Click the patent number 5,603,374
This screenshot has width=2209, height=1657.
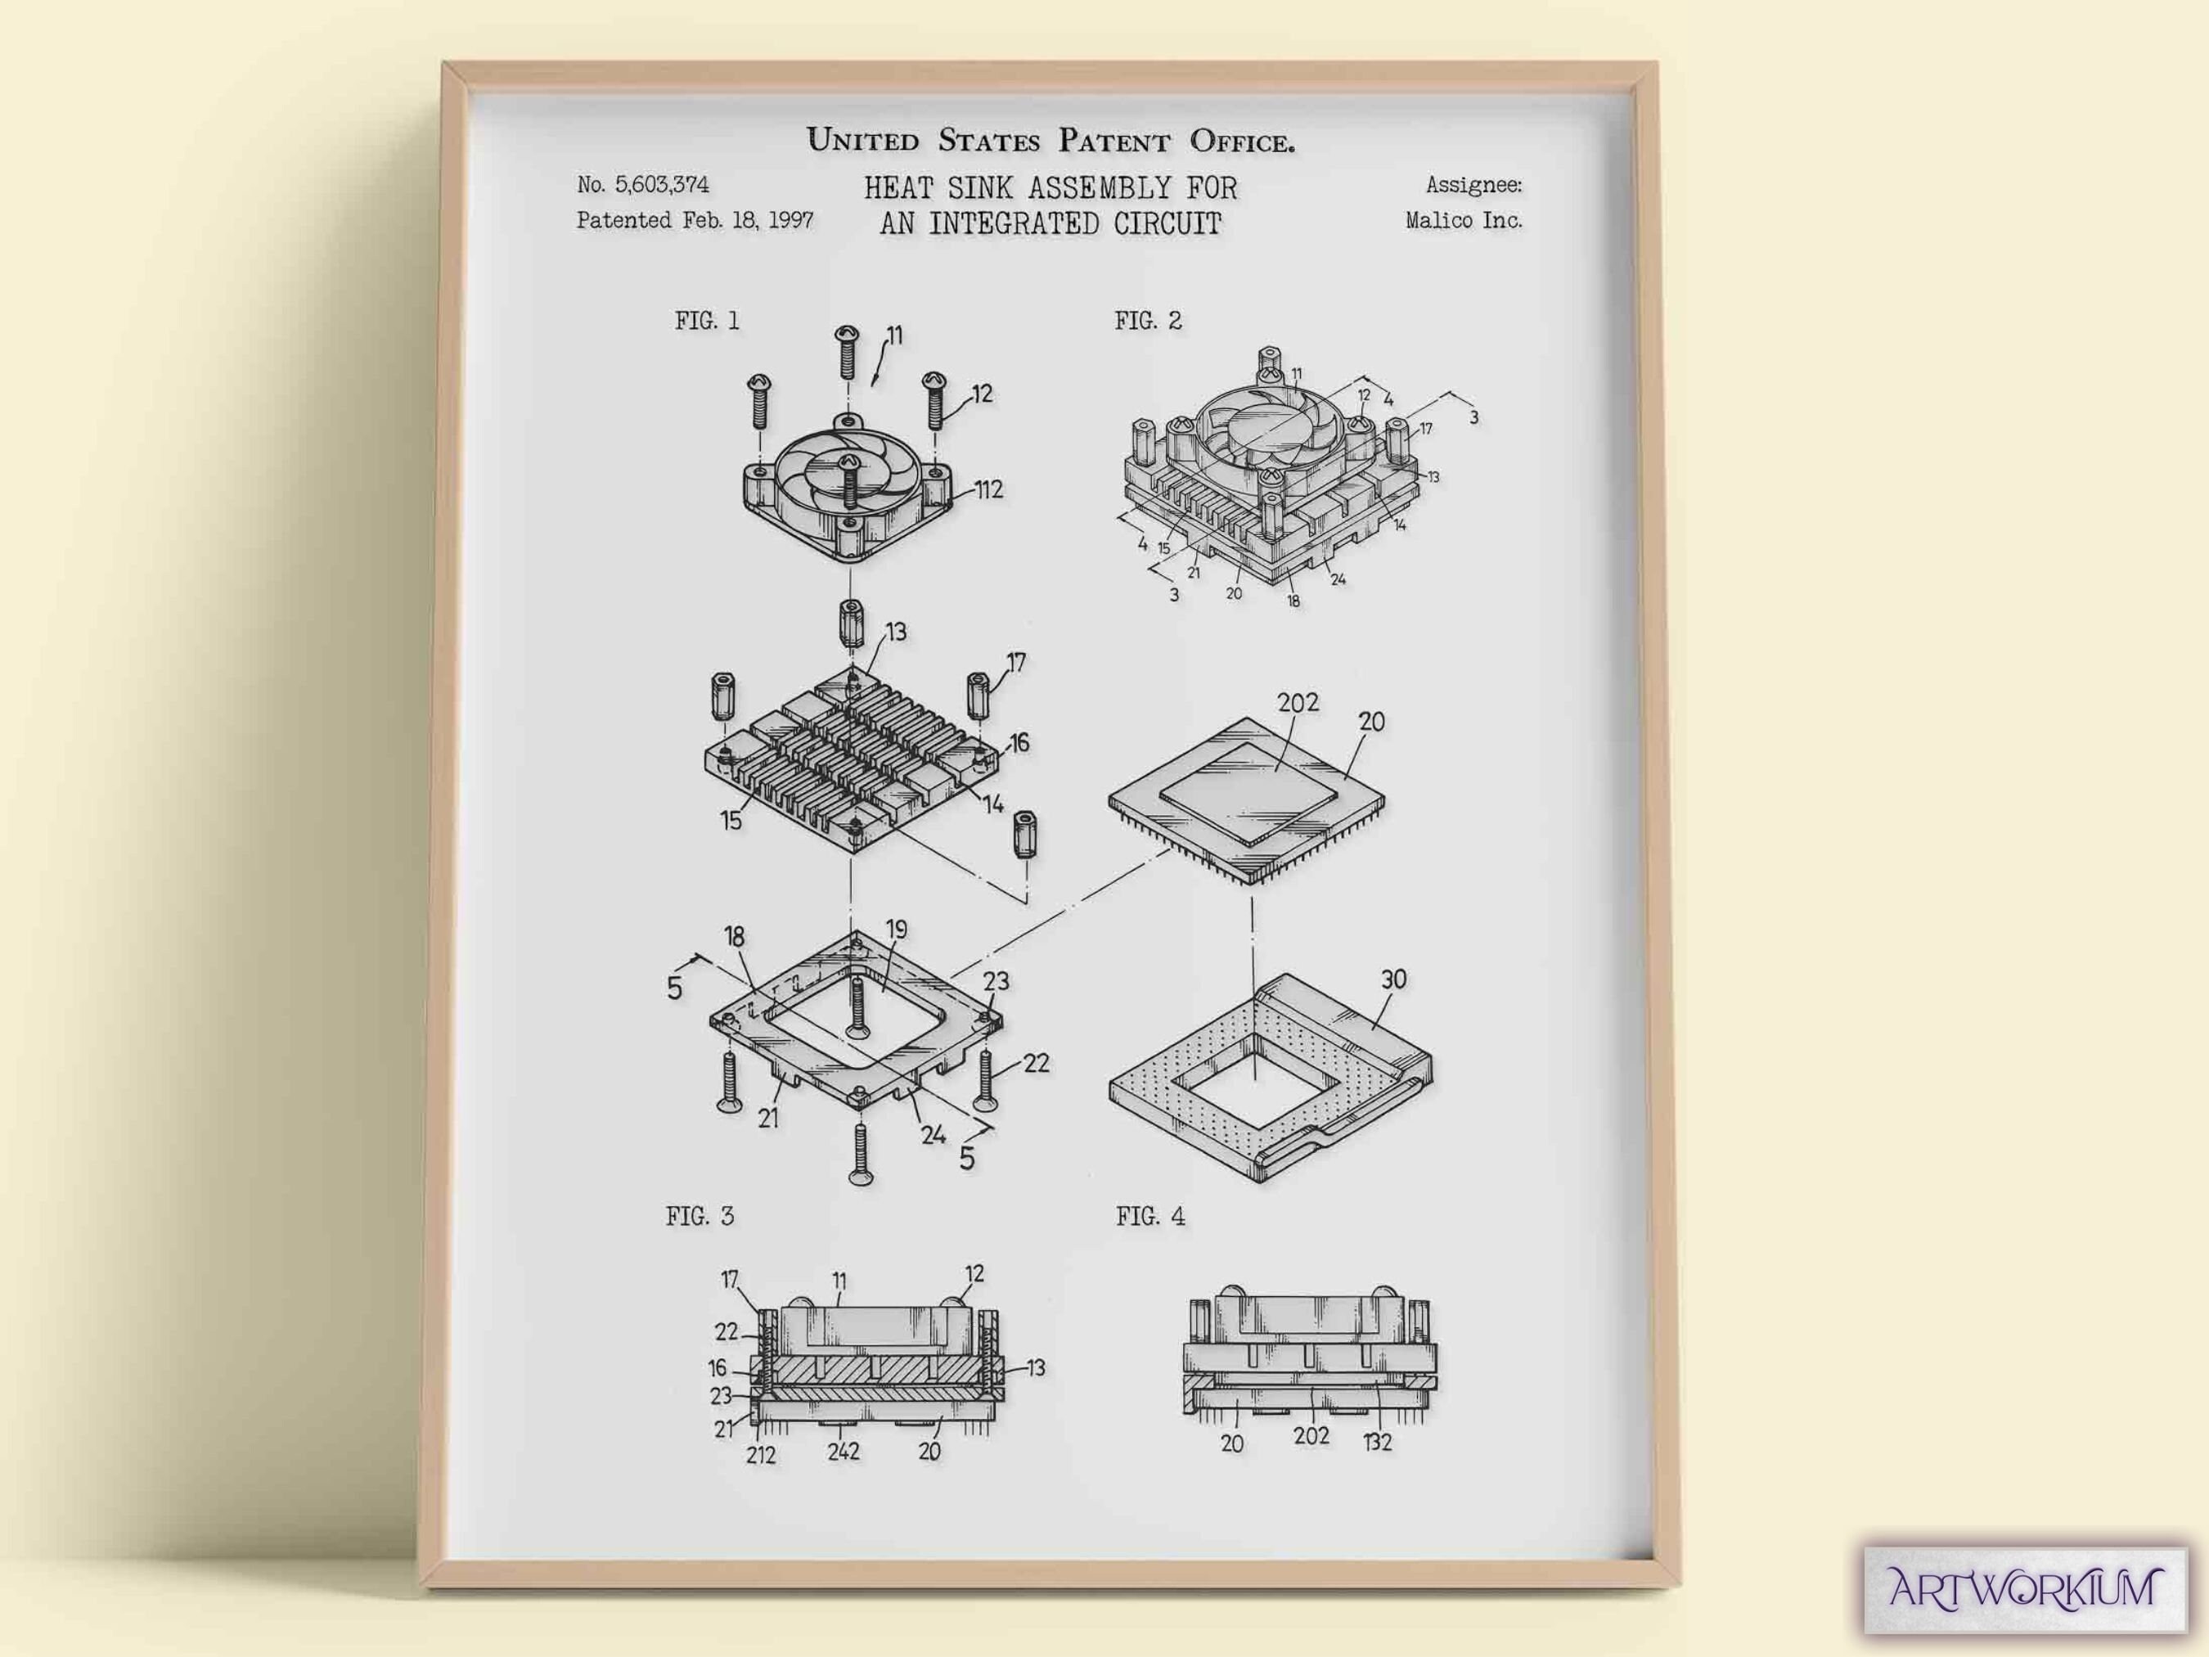(x=662, y=185)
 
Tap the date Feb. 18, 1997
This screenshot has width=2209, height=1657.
(x=748, y=221)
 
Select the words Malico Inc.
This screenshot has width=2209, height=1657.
(x=1464, y=221)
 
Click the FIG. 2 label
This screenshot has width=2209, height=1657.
(x=1147, y=321)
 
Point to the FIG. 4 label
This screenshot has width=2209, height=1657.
(x=1150, y=1217)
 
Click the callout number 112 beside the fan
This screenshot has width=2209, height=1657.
(x=988, y=489)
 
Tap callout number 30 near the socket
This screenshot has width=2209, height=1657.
(x=1393, y=979)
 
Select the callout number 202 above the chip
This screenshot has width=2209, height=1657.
(x=1298, y=703)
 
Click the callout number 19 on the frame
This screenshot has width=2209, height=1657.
(x=897, y=930)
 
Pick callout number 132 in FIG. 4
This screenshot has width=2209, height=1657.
(x=1377, y=1443)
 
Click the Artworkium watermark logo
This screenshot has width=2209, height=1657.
(x=2025, y=1588)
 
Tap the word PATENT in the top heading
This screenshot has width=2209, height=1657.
(x=1113, y=141)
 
